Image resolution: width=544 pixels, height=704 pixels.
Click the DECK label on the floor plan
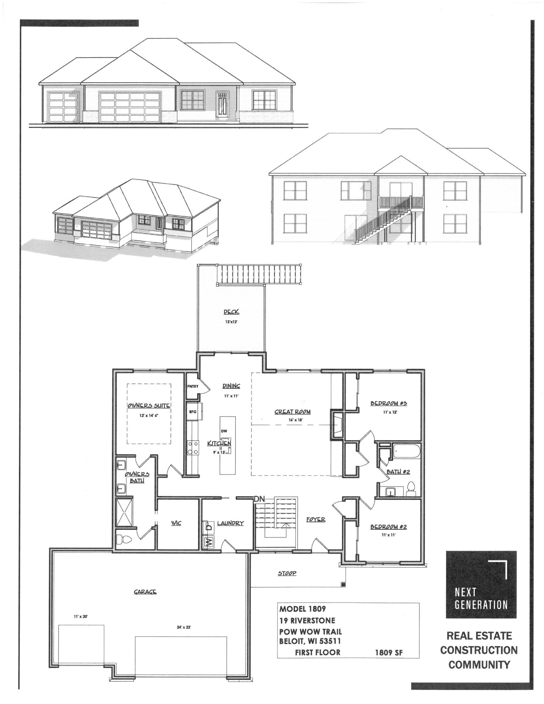click(x=231, y=312)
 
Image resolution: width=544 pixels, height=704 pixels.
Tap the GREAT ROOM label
click(x=292, y=412)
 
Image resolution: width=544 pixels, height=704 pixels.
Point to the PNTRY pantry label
click(x=193, y=386)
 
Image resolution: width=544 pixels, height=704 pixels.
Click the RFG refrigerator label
click(x=193, y=412)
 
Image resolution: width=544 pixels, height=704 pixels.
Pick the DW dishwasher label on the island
click(x=224, y=431)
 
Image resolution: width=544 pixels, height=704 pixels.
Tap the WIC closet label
click(x=176, y=523)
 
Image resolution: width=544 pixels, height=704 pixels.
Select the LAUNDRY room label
click(x=230, y=523)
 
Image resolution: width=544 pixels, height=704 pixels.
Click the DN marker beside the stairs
click(x=259, y=499)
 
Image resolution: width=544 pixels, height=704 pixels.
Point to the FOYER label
click(x=316, y=520)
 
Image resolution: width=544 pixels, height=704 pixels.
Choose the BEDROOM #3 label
click(x=388, y=403)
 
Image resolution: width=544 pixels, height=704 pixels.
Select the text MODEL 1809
click(x=303, y=609)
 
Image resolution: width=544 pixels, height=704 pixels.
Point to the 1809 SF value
click(x=389, y=653)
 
